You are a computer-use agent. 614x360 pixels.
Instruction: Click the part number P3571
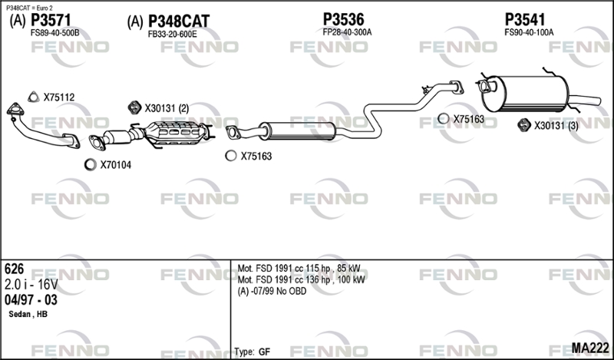point(51,20)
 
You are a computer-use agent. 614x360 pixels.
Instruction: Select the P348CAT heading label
point(179,21)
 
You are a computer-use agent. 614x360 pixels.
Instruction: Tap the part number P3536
point(343,19)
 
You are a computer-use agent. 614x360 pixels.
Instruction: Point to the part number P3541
point(525,19)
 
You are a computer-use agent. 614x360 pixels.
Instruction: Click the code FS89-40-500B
point(54,33)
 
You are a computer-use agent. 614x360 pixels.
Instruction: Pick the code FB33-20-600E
point(172,34)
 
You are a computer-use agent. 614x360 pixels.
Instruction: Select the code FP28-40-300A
point(347,32)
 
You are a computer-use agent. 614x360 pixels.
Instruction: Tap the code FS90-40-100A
point(529,32)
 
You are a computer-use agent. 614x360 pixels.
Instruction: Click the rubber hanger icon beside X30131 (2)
point(135,107)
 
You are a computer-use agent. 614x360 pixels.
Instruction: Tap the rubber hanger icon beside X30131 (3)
point(524,124)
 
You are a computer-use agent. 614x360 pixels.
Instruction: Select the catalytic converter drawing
point(177,133)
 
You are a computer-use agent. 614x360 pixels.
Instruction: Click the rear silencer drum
point(525,93)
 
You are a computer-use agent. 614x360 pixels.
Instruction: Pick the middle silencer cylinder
point(297,130)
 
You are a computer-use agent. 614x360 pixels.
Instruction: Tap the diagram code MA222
point(590,348)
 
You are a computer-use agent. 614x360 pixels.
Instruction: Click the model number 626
point(14,269)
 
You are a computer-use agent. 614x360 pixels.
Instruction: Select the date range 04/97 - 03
point(31,300)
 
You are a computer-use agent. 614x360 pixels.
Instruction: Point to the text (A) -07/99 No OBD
point(272,291)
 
